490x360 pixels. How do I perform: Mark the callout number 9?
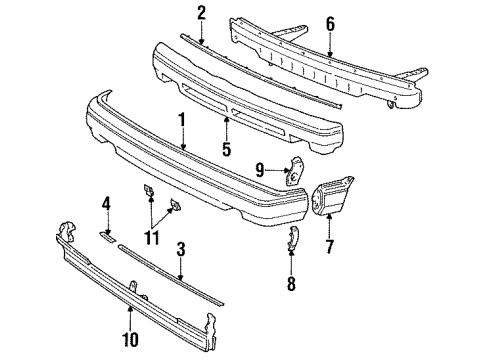pyautogui.click(x=261, y=170)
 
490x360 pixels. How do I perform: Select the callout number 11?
pyautogui.click(x=153, y=237)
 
